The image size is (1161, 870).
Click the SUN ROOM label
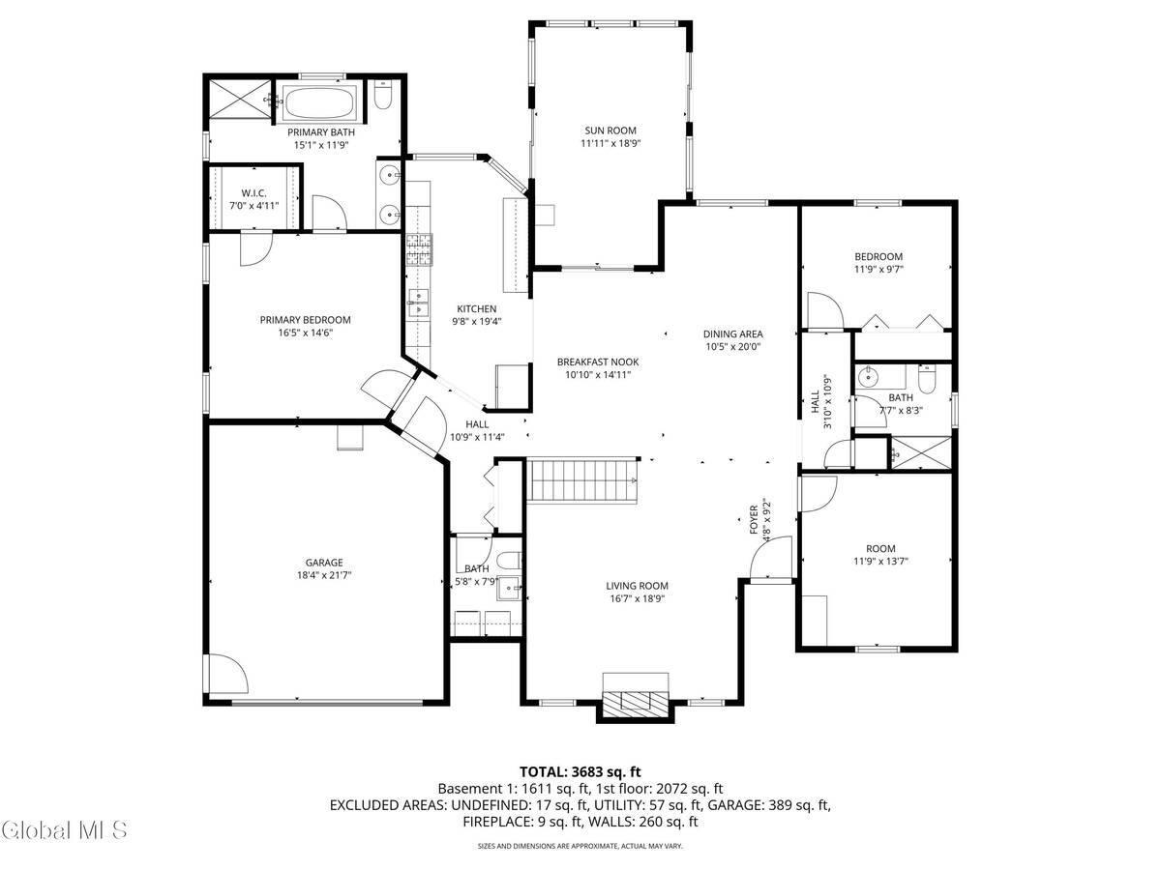610,130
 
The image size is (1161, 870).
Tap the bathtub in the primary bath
319,101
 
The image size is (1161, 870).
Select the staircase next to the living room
580,480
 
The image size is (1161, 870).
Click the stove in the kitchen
419,249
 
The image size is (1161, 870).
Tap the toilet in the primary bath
383,98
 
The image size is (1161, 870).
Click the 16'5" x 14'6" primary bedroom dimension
305,333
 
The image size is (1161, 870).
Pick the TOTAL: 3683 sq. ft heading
580,771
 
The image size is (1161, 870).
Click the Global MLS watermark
65,829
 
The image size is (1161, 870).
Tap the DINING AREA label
732,333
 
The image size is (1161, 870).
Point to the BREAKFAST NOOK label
597,362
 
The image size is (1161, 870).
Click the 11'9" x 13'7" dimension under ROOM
880,561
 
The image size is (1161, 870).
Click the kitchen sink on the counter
417,304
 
